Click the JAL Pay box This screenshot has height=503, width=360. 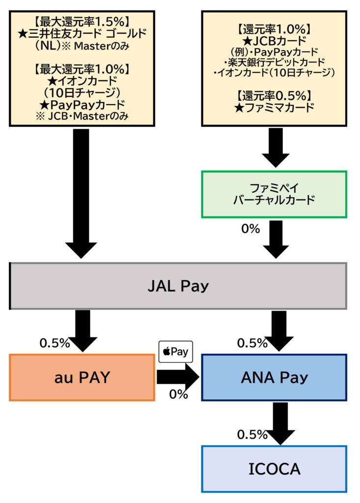tap(178, 286)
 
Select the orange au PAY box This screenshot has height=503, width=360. tap(81, 377)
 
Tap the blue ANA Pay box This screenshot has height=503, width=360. tap(275, 377)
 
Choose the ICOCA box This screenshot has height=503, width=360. tap(274, 469)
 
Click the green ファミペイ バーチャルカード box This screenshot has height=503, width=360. tap(274, 194)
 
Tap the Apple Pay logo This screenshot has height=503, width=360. tap(176, 352)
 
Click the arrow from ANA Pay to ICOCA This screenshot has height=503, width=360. tap(279, 423)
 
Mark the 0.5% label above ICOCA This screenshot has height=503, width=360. tap(252, 435)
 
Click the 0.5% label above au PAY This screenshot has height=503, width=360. tap(55, 343)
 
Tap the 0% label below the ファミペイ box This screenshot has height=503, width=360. tap(250, 228)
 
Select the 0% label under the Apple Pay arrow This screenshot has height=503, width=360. tap(178, 394)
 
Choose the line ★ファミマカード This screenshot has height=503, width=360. tap(274, 108)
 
